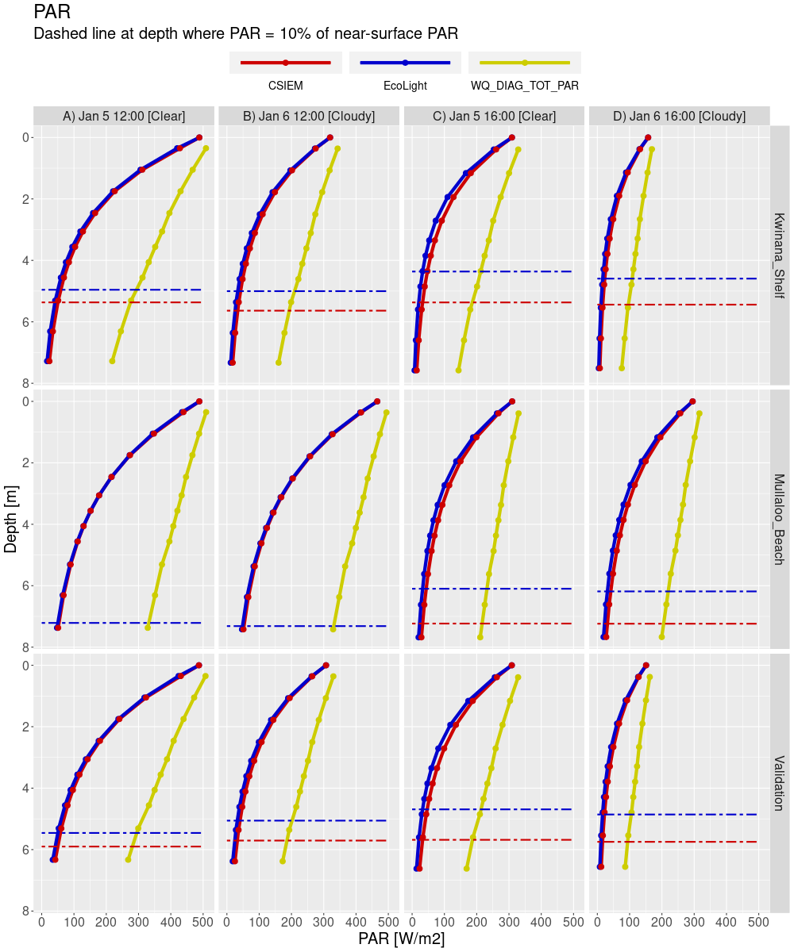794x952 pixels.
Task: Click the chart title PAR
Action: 52,13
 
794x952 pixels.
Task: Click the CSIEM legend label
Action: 285,86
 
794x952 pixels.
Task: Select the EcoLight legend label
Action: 405,86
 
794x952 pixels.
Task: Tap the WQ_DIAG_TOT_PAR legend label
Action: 525,86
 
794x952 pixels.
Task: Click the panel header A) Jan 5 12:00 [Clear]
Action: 124,116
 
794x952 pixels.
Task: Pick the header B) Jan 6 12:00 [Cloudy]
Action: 309,116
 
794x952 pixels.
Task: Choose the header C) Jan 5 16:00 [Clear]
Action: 494,116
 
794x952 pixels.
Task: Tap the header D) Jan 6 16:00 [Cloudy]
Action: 679,116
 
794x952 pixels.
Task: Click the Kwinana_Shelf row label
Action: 779,255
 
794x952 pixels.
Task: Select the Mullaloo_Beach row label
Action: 779,519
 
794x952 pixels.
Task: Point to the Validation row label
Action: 779,783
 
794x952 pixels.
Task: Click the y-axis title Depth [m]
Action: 12,520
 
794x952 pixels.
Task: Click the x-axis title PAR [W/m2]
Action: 402,939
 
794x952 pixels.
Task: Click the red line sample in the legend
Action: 285,63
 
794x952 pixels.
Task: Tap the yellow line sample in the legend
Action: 525,63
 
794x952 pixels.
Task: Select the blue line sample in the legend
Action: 405,63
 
